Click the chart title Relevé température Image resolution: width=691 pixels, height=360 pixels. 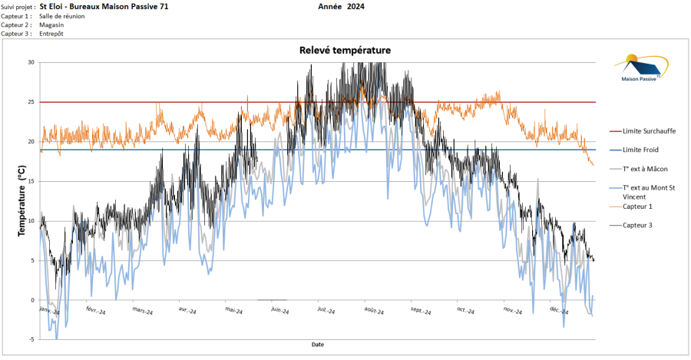point(345,50)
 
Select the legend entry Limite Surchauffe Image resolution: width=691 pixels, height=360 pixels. point(650,131)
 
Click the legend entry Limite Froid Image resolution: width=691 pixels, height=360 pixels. point(640,150)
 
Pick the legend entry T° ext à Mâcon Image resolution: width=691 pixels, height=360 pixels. point(645,169)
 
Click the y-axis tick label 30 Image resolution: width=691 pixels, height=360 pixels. point(31,62)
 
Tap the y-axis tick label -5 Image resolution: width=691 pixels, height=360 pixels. point(31,339)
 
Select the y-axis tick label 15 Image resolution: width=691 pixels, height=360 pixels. point(31,181)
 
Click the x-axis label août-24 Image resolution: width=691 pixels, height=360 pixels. point(375,312)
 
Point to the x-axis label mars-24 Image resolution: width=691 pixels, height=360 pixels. point(142,312)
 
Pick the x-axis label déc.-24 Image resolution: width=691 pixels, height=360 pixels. point(558,312)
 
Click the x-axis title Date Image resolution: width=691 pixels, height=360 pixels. point(318,345)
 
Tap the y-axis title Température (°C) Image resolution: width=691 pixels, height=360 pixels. point(21,199)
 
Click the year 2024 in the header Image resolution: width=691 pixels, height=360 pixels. point(355,6)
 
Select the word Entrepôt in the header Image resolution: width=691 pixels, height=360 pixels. point(52,34)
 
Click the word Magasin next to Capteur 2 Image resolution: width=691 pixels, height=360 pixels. point(51,25)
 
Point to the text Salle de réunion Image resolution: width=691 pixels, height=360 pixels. point(61,15)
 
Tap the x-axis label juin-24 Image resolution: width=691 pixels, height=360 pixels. point(280,312)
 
